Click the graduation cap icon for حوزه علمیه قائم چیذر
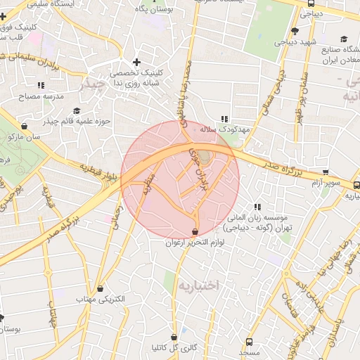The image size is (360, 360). point(77,110)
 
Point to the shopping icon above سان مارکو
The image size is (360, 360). point(25,126)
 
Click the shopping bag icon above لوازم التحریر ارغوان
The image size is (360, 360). point(195,232)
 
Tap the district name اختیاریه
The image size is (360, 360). point(198,285)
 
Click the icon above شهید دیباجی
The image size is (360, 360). point(295,31)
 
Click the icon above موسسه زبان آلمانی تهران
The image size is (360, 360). point(257,207)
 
